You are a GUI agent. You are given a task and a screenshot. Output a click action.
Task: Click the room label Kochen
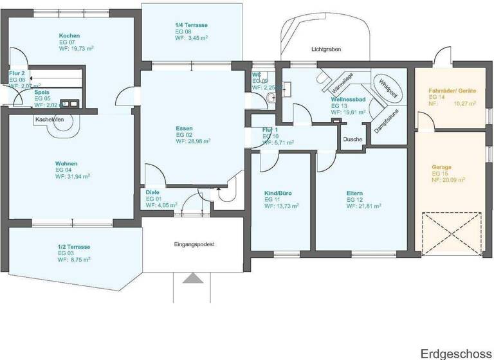[69, 35]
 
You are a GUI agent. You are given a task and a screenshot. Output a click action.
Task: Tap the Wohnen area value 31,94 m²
[72, 175]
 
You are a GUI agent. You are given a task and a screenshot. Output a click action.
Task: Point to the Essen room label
[184, 128]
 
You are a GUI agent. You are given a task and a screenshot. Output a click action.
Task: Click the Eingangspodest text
[194, 244]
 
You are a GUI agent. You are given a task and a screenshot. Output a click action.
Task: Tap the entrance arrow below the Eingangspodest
[192, 278]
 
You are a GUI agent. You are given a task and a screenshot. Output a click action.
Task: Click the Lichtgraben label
[325, 49]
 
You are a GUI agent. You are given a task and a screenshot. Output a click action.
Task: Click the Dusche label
[352, 139]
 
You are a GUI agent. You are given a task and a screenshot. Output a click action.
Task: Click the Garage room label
[441, 167]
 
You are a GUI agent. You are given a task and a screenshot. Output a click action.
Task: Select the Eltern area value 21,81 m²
[364, 206]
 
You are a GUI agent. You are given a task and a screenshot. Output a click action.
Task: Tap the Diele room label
[152, 192]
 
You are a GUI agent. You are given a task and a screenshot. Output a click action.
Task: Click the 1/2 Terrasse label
[74, 247]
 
